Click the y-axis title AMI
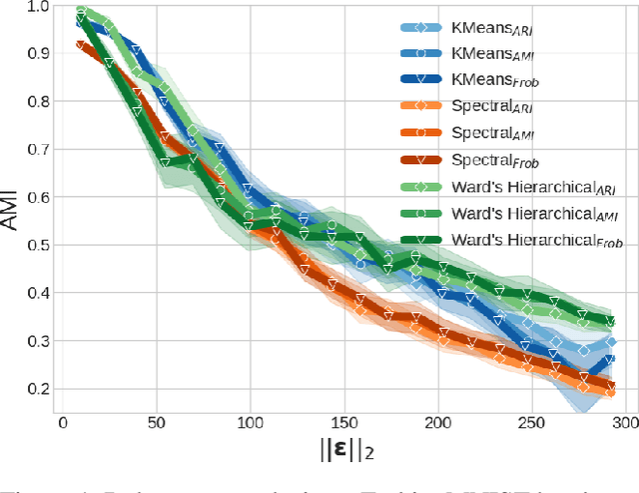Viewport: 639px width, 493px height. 11,209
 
